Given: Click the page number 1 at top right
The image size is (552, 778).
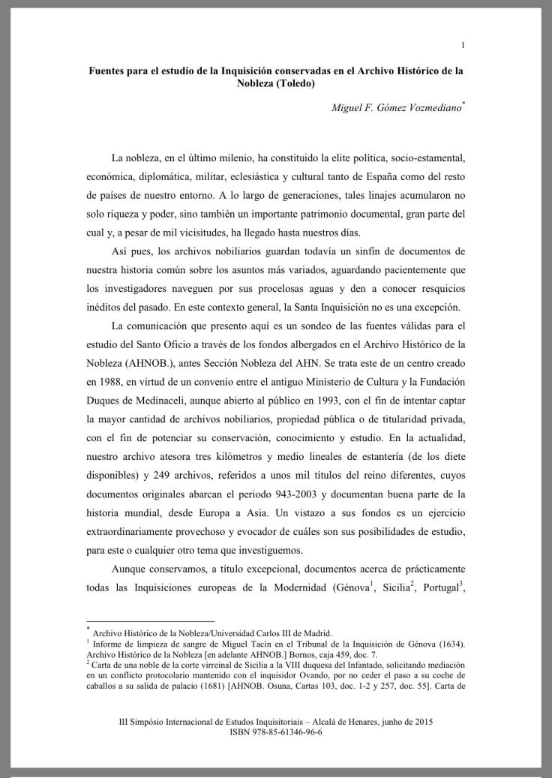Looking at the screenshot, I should pyautogui.click(x=463, y=45).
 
